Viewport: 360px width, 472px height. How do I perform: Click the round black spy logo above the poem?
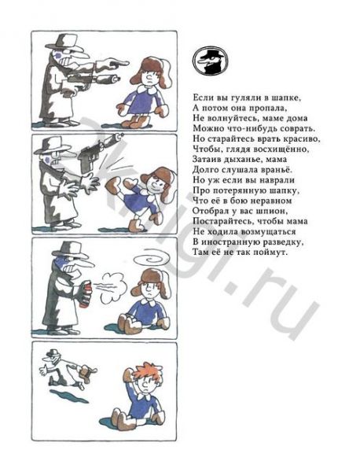coord(210,61)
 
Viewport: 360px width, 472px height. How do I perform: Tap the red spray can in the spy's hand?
coord(86,293)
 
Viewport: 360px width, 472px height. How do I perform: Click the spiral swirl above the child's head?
coord(152,260)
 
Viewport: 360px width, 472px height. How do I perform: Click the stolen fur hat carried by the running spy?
coord(87,373)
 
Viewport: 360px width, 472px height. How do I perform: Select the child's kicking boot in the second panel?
coord(113,184)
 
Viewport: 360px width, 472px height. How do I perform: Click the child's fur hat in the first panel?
coord(150,71)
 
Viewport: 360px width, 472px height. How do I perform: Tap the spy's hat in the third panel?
coord(71,249)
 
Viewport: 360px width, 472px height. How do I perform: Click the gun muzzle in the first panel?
coord(115,79)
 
